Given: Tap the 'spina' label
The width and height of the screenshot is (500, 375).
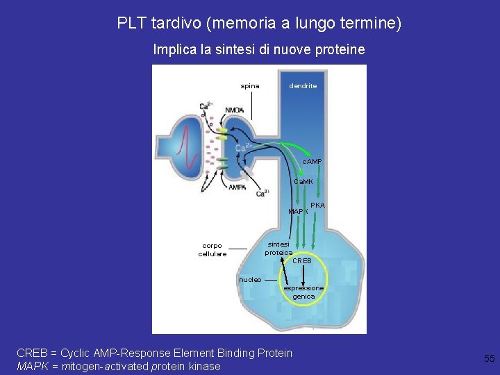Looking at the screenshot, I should (x=250, y=86).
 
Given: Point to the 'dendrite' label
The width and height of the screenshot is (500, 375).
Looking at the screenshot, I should (x=303, y=86).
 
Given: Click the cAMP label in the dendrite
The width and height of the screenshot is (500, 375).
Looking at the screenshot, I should (x=312, y=162).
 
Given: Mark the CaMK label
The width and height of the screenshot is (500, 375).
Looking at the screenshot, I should (x=303, y=181).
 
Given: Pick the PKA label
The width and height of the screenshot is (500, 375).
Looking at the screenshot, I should (x=317, y=206).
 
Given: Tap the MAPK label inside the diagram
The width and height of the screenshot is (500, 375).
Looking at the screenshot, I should (x=298, y=211).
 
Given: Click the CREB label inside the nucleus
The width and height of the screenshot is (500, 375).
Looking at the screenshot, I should (x=302, y=261).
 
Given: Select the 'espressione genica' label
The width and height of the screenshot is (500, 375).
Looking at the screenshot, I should (x=303, y=292).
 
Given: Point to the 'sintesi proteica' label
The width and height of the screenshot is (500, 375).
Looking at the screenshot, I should (x=279, y=249).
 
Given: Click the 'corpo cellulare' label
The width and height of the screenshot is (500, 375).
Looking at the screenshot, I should (x=212, y=250).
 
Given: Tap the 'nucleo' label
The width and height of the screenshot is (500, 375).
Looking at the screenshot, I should (x=250, y=279).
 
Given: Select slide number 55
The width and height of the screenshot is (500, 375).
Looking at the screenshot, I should (x=489, y=358).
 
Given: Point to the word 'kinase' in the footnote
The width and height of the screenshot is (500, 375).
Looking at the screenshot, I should (x=202, y=366).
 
